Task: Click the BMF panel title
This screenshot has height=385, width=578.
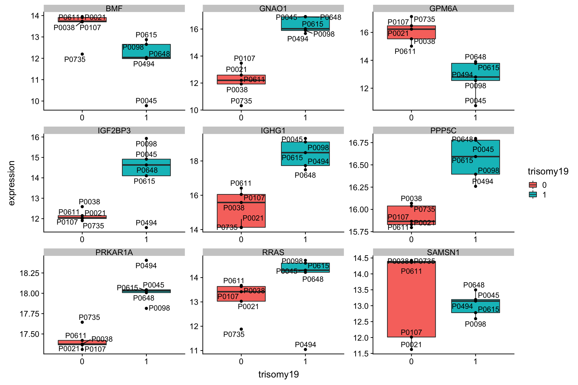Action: [114, 9]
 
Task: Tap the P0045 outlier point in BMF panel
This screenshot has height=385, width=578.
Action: [146, 106]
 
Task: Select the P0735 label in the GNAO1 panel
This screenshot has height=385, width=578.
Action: [241, 101]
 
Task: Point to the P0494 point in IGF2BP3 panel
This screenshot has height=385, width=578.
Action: [146, 228]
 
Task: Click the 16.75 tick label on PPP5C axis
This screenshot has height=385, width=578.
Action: [358, 143]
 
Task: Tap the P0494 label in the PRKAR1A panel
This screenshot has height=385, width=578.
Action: [146, 266]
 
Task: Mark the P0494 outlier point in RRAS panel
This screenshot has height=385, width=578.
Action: [305, 349]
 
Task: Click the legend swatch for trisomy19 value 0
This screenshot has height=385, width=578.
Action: [533, 185]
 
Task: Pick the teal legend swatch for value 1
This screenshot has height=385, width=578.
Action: [533, 195]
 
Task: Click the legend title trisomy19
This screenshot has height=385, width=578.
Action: [548, 171]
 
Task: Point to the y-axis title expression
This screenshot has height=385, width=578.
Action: [12, 183]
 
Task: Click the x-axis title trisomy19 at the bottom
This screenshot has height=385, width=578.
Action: [278, 374]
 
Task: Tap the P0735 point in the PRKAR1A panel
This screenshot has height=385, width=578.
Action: [82, 322]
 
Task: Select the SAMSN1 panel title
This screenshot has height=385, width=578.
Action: [443, 252]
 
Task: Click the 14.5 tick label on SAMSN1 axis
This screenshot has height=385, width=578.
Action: [361, 258]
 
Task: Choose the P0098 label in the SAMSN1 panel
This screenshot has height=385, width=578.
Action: [475, 324]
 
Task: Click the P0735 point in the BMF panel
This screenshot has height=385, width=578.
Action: [82, 54]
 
